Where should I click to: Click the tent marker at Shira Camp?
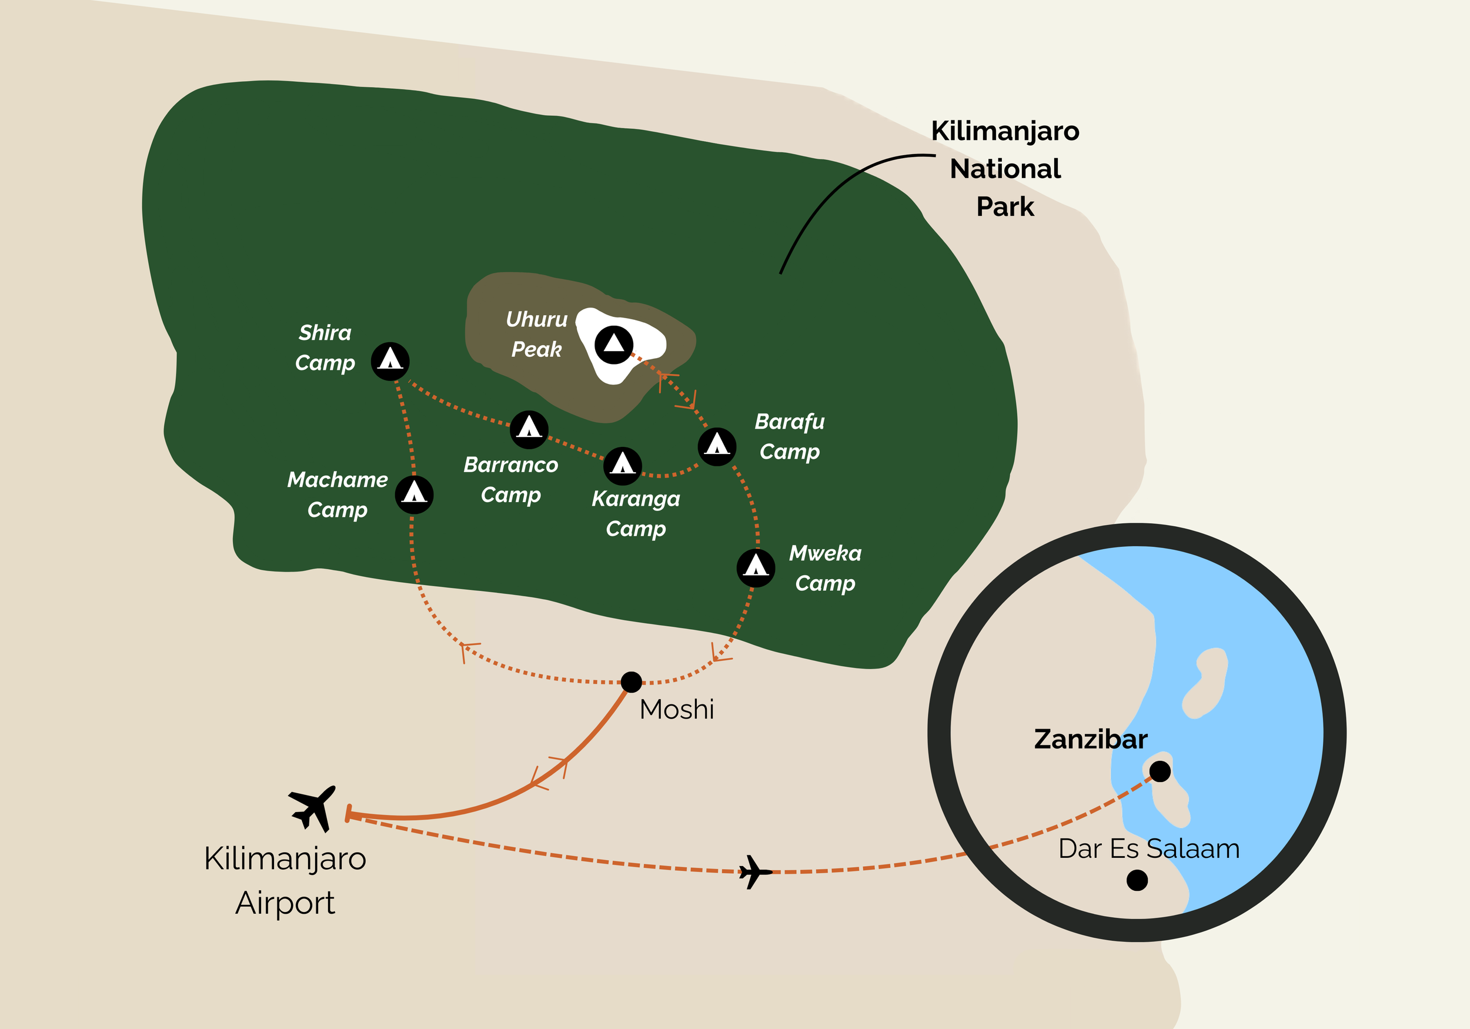[390, 361]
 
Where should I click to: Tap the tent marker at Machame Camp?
[414, 495]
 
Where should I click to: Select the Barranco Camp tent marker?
[529, 429]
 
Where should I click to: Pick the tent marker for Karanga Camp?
[622, 466]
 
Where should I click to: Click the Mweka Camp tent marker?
[756, 567]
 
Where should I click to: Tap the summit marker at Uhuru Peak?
[613, 345]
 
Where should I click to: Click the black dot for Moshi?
[632, 682]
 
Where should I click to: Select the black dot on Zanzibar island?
[1160, 771]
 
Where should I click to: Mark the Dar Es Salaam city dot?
[1137, 880]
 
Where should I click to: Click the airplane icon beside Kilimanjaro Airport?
[312, 808]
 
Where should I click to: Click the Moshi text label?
[677, 710]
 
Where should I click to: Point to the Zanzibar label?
[1090, 739]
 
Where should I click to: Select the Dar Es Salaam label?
[1149, 848]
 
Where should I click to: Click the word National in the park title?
[1005, 169]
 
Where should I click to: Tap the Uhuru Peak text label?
[536, 334]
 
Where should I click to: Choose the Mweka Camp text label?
[826, 568]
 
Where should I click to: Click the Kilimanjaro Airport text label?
[285, 880]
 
